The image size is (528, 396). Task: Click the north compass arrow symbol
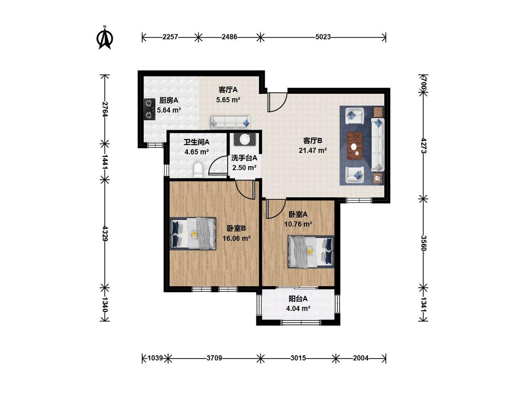click(105, 38)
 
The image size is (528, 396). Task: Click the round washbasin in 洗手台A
click(245, 139)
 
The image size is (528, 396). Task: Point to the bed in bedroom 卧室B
click(193, 233)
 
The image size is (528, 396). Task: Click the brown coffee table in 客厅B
click(355, 145)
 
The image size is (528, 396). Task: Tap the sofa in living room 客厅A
click(230, 122)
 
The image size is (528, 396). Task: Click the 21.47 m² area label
click(313, 151)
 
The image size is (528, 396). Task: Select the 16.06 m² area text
click(237, 239)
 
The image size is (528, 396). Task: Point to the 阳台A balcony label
click(298, 299)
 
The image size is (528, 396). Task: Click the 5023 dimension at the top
click(323, 37)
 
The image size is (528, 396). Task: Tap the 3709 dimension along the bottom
click(214, 358)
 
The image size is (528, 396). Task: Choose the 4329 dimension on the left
click(105, 233)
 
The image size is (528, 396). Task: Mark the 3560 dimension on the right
click(424, 243)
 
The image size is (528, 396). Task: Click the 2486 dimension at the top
click(230, 37)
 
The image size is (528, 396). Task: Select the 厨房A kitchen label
click(168, 100)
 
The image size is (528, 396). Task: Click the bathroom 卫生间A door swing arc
click(218, 165)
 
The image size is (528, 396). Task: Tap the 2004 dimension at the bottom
click(360, 358)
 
